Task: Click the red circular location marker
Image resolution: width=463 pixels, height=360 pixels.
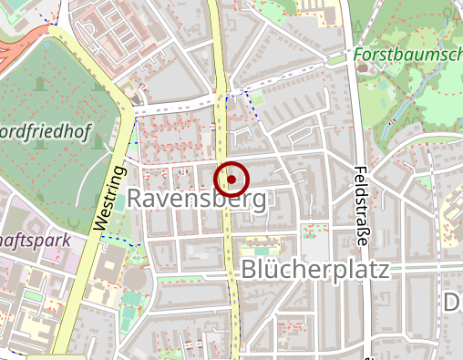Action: pos(231,180)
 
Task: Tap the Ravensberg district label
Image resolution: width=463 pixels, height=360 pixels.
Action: pos(197,198)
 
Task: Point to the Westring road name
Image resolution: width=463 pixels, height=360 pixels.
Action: pos(108,196)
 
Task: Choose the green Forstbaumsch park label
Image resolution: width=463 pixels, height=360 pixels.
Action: pos(406,55)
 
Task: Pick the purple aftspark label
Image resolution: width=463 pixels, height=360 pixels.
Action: pos(36,239)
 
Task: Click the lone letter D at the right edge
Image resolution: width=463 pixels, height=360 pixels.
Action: pos(453,302)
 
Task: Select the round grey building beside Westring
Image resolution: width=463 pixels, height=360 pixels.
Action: pos(133,278)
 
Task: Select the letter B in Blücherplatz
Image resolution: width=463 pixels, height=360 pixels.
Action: pos(252,270)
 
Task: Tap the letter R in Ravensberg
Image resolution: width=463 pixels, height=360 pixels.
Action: pos(137,198)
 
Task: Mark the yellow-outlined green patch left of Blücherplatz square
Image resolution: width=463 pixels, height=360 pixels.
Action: pos(264,249)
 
